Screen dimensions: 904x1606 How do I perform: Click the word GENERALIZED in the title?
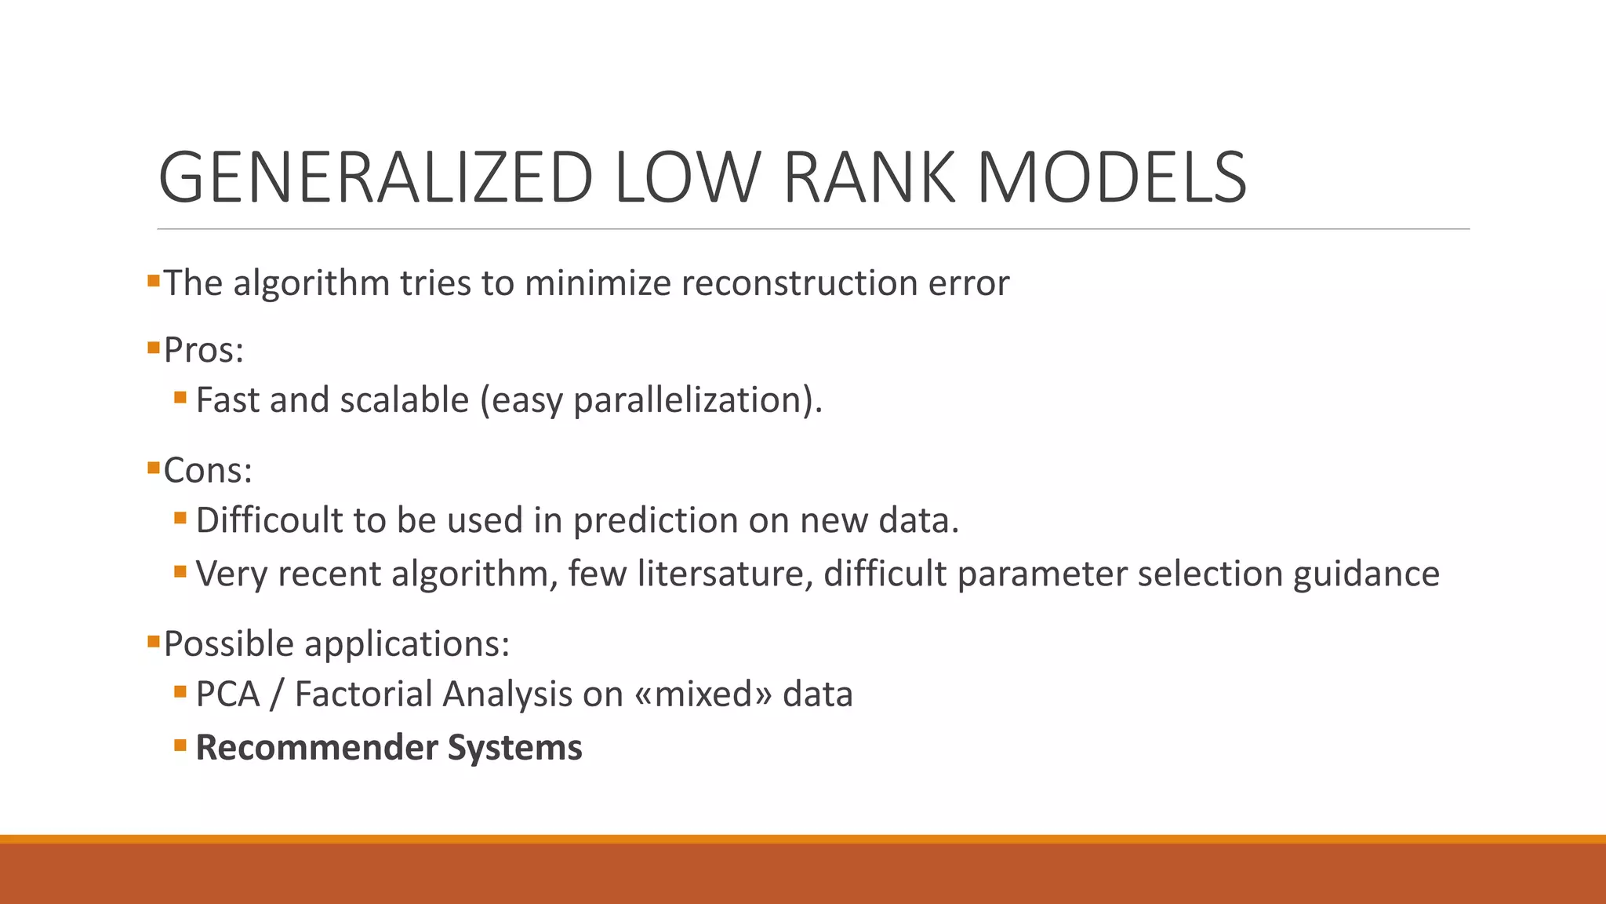click(x=375, y=178)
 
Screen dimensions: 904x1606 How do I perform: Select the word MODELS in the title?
click(x=1111, y=178)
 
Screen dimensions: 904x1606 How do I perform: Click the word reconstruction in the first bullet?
click(x=799, y=283)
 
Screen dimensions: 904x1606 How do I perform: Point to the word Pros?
click(x=204, y=350)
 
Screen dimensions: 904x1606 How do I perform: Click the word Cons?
click(x=208, y=471)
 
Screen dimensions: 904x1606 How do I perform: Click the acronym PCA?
click(x=227, y=694)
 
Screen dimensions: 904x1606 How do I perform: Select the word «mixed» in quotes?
click(x=703, y=694)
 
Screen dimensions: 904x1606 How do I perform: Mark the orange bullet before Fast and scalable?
click(x=180, y=398)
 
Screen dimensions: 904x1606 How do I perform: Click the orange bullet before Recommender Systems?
click(x=180, y=745)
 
